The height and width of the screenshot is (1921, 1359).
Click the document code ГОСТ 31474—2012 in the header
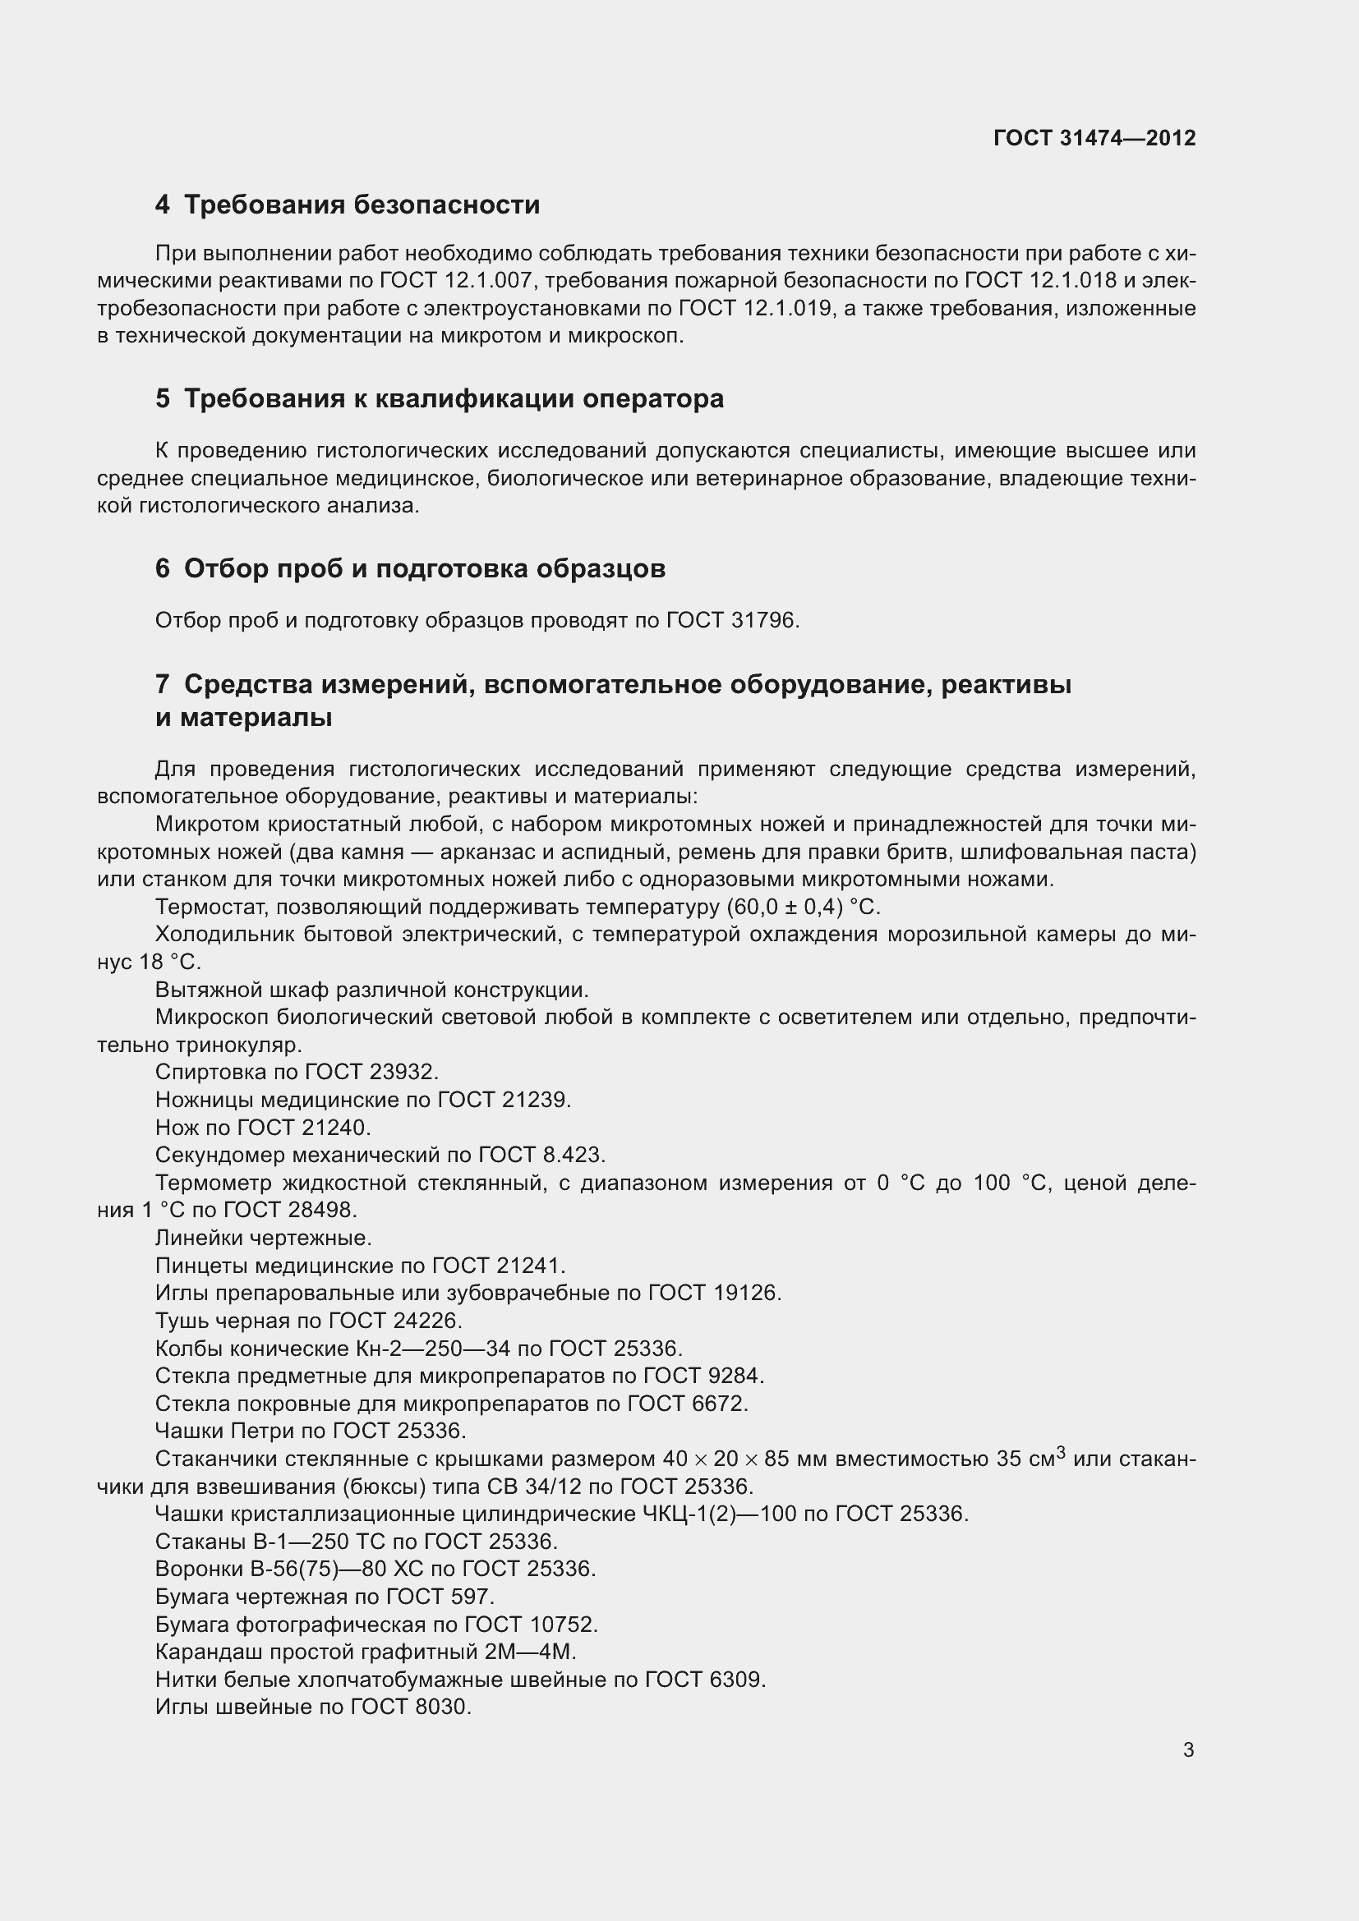pos(1094,138)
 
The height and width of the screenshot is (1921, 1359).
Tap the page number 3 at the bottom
pos(1188,1749)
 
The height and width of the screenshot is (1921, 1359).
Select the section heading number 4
pos(163,205)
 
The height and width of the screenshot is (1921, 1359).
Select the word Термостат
pos(203,908)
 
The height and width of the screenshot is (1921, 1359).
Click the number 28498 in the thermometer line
pos(322,1211)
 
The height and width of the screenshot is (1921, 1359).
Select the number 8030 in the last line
pos(443,1707)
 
